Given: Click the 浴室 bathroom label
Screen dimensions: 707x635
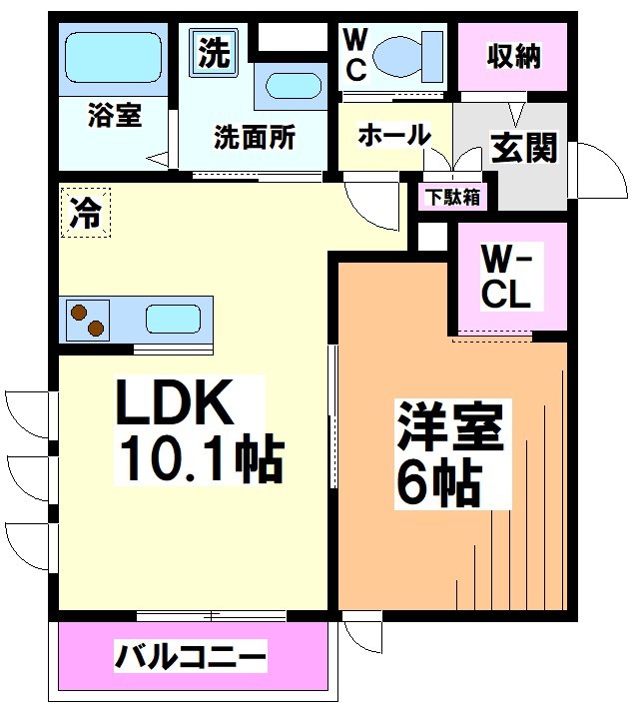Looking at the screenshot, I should tap(115, 116).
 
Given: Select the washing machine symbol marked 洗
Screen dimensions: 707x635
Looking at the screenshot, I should tap(213, 53).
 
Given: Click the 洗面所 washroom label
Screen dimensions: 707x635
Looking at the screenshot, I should tap(255, 137).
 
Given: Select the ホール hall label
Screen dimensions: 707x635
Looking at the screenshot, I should tap(393, 135).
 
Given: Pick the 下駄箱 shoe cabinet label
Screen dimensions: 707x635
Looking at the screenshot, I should tap(452, 197).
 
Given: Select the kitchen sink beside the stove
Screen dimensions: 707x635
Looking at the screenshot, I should tap(174, 320).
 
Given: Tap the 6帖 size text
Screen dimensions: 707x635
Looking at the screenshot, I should tap(439, 484).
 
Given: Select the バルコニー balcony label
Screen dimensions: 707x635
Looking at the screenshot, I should tap(191, 658).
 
